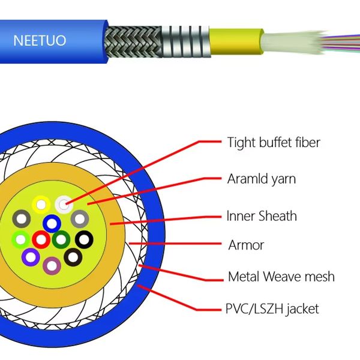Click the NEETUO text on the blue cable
[x=40, y=41]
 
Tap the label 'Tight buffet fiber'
[x=274, y=143]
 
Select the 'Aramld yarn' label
[x=262, y=179]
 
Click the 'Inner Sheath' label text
[x=262, y=216]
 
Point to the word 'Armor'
[x=246, y=245]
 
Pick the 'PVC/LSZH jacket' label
[x=272, y=310]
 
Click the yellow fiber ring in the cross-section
[x=40, y=204]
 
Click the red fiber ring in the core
[x=41, y=240]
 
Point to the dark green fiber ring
[x=61, y=240]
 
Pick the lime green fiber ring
[x=21, y=240]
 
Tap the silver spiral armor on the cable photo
[x=188, y=40]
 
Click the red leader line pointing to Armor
[x=180, y=244]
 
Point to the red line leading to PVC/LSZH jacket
[x=180, y=303]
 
